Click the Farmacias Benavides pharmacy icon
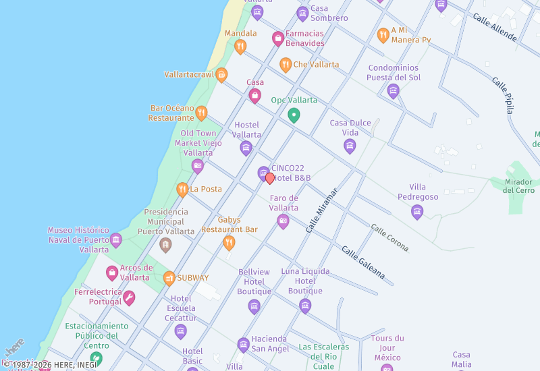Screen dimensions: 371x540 click(277, 38)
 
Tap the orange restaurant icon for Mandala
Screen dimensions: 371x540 click(240, 47)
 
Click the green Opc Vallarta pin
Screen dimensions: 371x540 click(294, 115)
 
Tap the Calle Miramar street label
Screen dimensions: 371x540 click(321, 210)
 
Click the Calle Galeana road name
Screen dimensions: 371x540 click(362, 263)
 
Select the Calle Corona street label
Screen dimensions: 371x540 click(389, 238)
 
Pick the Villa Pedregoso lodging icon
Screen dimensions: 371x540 click(417, 212)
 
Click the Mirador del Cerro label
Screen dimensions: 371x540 click(518, 185)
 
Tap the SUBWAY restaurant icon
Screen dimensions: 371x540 click(169, 278)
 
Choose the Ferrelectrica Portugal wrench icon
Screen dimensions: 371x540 click(128, 297)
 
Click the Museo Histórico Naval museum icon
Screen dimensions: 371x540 click(115, 240)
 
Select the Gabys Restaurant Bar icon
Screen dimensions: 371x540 click(230, 243)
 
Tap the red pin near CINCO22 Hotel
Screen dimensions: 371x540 click(270, 178)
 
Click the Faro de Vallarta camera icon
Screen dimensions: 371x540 click(283, 221)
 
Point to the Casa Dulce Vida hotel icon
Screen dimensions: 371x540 click(350, 146)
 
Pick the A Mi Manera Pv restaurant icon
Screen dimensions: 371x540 click(383, 35)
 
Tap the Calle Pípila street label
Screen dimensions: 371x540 click(506, 95)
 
